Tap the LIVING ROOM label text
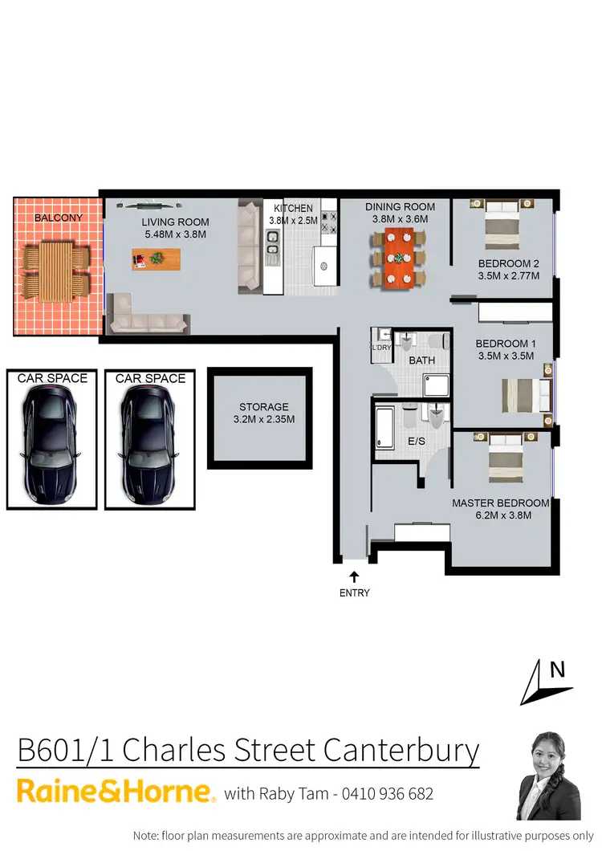pos(175,222)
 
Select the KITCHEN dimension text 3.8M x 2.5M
pos(291,220)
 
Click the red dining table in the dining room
pos(397,257)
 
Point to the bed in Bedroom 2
pos(503,226)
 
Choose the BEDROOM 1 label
pos(506,343)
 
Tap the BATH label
pos(422,360)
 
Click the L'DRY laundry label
pos(380,347)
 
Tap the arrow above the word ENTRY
pos(353,576)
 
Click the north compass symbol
pos(546,681)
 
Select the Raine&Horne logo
pos(116,792)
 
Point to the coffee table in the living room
pos(157,259)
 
